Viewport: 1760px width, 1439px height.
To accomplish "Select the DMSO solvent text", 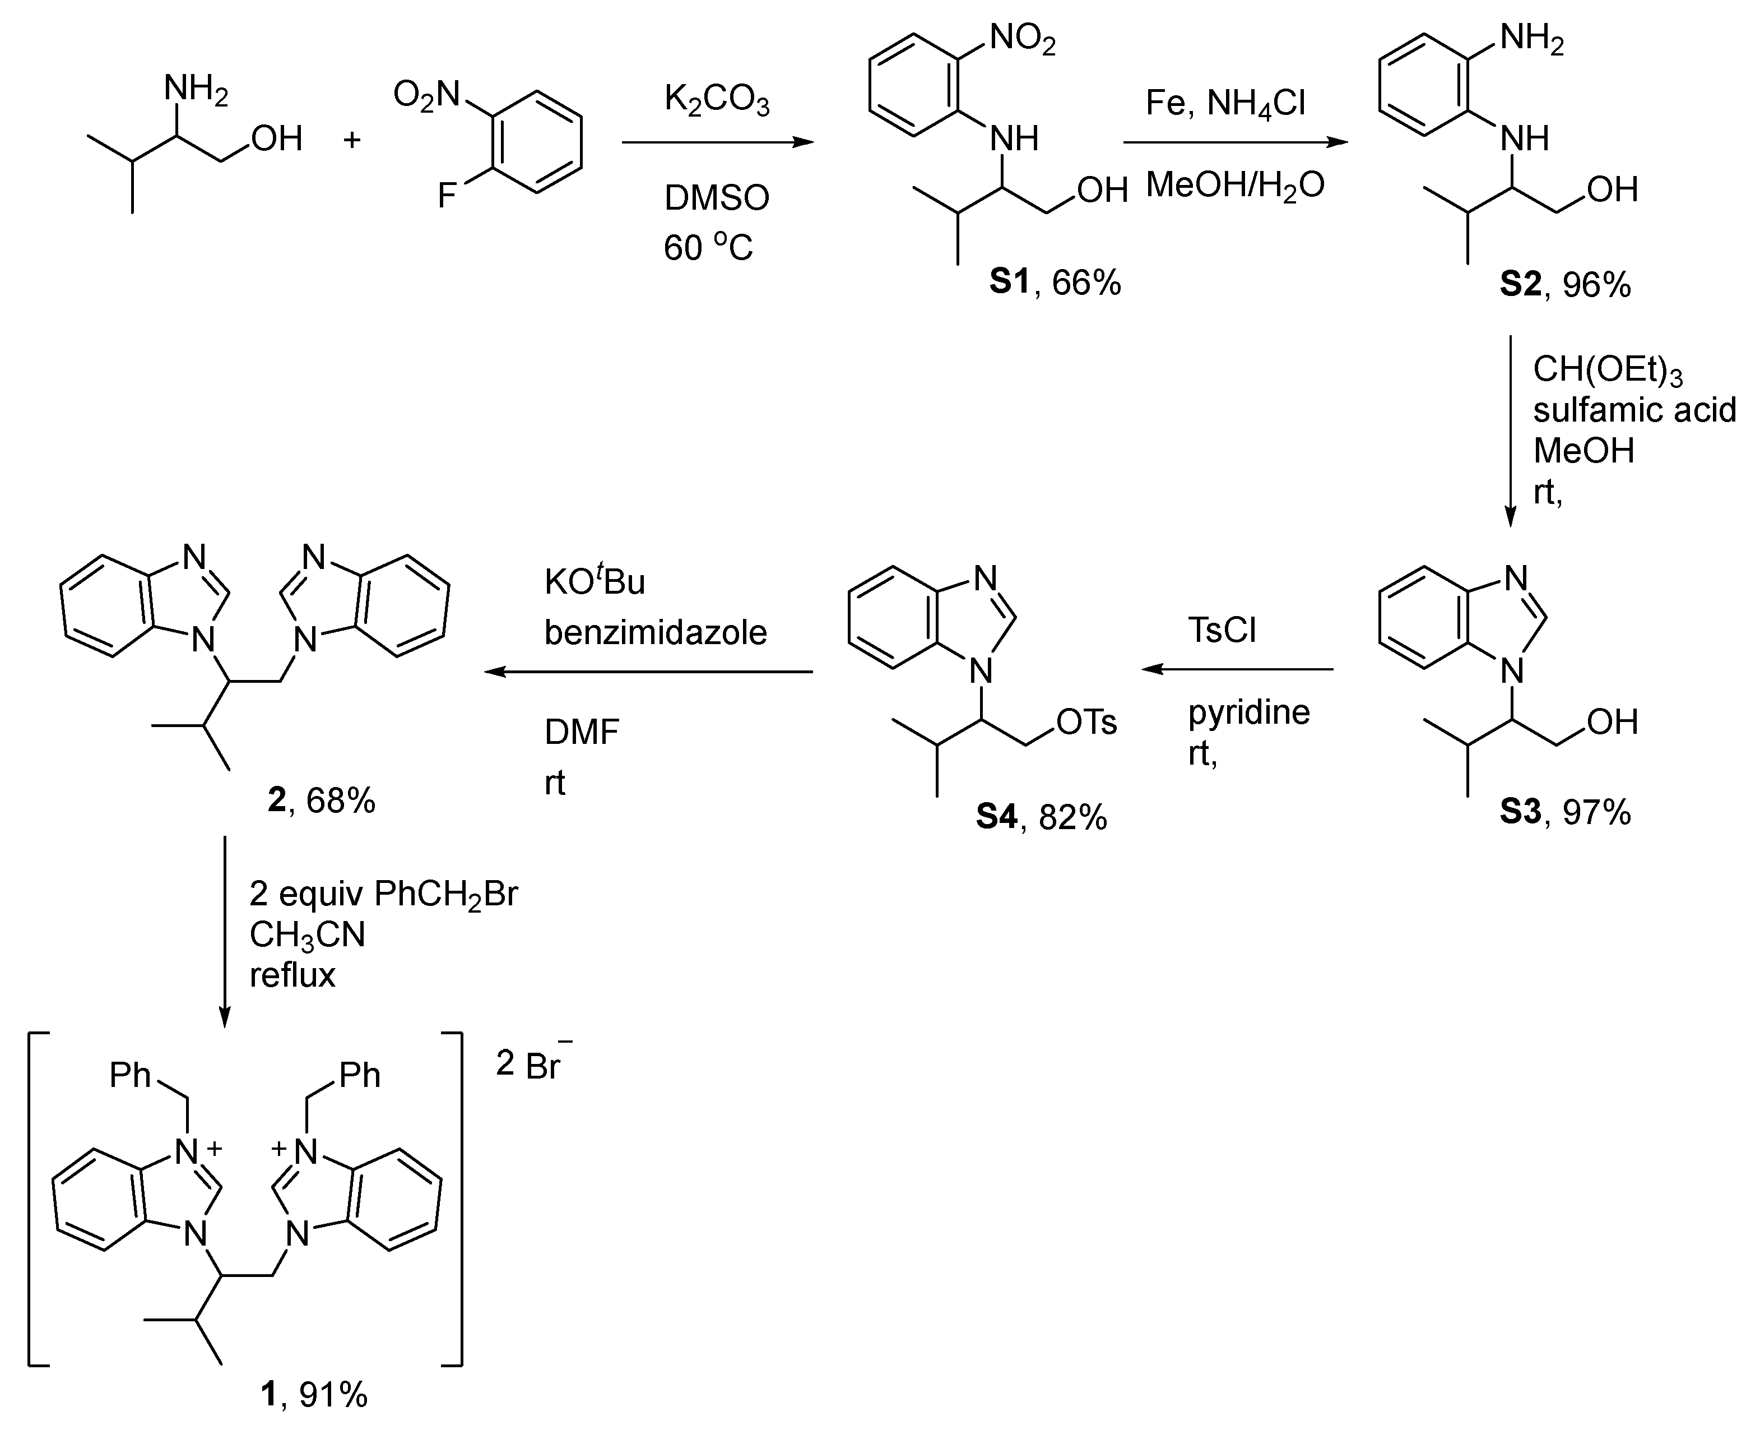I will click(x=717, y=198).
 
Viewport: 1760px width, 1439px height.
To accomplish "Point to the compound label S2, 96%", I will click(x=1564, y=284).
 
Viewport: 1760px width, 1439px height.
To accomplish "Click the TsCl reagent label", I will click(x=1222, y=630).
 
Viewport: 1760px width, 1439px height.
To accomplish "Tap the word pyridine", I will click(x=1249, y=712).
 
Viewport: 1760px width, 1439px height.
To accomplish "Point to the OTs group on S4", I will click(x=1087, y=722).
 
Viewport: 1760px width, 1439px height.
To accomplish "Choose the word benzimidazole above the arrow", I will click(x=656, y=632).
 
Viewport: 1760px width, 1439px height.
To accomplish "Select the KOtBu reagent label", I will click(x=594, y=581).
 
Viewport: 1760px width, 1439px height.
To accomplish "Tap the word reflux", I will click(x=292, y=975).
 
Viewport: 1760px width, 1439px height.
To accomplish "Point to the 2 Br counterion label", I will click(x=532, y=1063).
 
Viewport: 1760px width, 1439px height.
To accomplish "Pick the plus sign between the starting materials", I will click(x=352, y=139).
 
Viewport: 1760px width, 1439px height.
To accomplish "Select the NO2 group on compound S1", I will click(x=1023, y=38).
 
